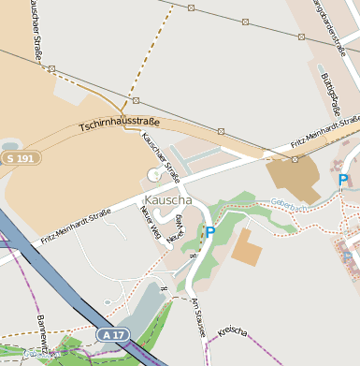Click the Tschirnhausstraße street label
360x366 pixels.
(x=120, y=123)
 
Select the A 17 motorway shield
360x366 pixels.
(x=110, y=334)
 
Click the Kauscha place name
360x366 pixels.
(x=168, y=200)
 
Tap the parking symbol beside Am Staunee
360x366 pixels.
(x=210, y=231)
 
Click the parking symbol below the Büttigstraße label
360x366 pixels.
(x=343, y=180)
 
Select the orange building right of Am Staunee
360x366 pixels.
(x=248, y=246)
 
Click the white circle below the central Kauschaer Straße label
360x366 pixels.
(x=154, y=173)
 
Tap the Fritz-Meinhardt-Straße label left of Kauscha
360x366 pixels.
(x=76, y=227)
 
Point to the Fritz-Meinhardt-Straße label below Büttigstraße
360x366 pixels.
(x=324, y=133)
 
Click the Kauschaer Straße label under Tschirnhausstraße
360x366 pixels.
(x=160, y=154)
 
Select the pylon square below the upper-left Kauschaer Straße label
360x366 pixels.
(x=51, y=68)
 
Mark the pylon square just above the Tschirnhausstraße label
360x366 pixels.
(x=136, y=100)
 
